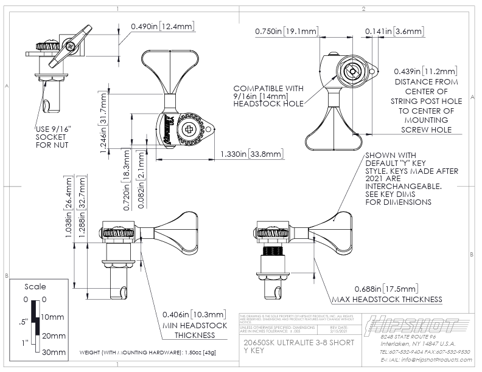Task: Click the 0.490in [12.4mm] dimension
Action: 162,26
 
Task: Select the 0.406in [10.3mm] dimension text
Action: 195,314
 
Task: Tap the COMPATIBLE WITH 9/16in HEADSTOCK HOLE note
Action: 268,96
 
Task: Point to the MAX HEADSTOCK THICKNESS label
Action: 386,300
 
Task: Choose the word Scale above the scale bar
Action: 35,286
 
